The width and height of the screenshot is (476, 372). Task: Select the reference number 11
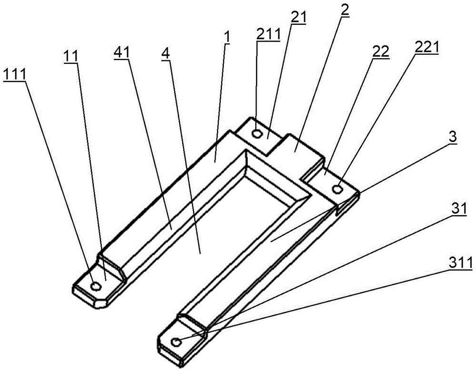pos(70,56)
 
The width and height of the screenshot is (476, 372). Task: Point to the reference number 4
pos(166,54)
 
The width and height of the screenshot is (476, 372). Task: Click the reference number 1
pos(227,38)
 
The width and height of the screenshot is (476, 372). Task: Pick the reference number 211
pos(268,35)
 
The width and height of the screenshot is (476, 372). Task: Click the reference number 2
pos(345,10)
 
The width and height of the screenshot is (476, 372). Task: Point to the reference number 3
pos(453,137)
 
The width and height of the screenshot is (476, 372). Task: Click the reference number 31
pos(459,209)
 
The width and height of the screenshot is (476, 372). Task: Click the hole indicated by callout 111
pos(96,286)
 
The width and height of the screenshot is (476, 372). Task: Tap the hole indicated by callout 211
pos(258,133)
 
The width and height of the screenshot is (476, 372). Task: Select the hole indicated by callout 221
pos(337,189)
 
